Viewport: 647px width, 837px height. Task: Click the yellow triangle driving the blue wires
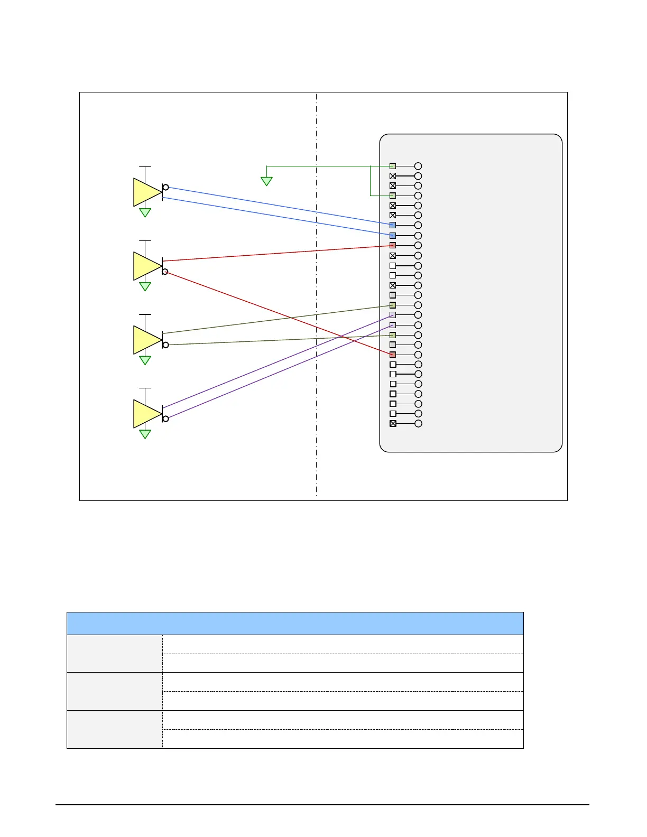click(x=146, y=192)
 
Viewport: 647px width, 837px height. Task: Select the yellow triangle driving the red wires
click(x=146, y=266)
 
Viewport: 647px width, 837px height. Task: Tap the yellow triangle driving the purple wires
click(x=146, y=414)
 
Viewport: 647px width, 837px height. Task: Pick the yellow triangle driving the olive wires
click(x=146, y=340)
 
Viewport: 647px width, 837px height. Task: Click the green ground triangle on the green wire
click(x=267, y=181)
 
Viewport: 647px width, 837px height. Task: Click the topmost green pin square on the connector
click(x=393, y=166)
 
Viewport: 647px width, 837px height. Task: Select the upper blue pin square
click(x=393, y=225)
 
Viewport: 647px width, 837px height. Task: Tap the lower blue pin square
click(x=393, y=236)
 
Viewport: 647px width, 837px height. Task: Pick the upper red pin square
click(x=393, y=246)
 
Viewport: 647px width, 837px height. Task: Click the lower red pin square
click(x=393, y=355)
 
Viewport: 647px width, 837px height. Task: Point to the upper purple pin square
click(x=393, y=315)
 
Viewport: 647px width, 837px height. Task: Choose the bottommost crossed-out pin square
click(x=393, y=424)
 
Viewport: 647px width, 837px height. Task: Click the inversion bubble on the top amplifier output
click(x=165, y=187)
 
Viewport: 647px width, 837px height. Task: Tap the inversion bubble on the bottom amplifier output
click(x=165, y=419)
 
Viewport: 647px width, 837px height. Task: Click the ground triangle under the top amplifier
click(x=145, y=212)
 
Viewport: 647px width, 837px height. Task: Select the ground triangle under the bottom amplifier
click(x=145, y=434)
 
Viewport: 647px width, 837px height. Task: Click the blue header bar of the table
click(x=295, y=624)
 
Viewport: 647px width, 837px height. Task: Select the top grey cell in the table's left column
click(x=115, y=654)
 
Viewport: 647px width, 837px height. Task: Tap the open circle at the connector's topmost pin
click(x=418, y=166)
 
